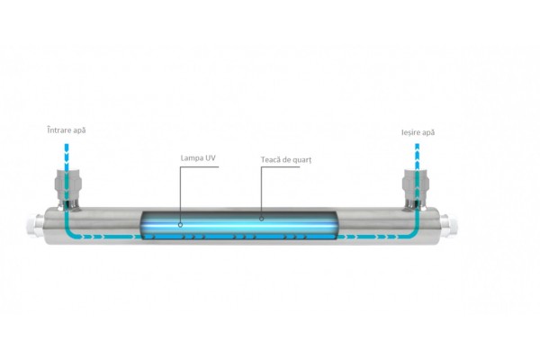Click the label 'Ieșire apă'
[418, 133]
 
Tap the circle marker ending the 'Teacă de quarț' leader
[262, 216]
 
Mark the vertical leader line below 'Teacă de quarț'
[262, 189]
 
